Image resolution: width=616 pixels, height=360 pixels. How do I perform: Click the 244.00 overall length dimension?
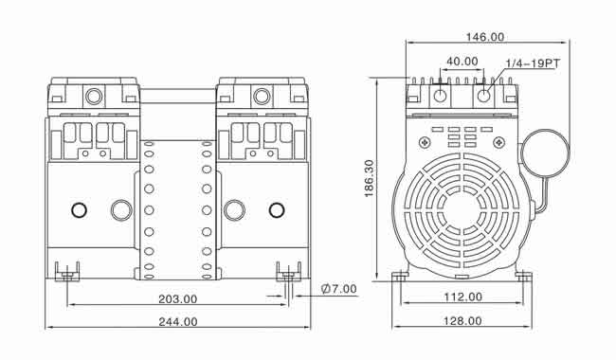click(178, 322)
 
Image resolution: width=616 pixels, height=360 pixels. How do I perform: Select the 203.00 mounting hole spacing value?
click(177, 299)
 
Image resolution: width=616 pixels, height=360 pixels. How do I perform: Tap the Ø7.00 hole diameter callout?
click(339, 289)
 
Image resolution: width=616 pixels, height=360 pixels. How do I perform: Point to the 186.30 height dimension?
click(370, 178)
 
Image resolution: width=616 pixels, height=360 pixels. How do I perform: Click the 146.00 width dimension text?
click(485, 37)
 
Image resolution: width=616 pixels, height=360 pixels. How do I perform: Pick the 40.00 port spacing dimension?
click(462, 62)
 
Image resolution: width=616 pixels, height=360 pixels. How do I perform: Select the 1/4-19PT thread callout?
click(533, 63)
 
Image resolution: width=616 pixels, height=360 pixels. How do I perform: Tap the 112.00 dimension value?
click(462, 297)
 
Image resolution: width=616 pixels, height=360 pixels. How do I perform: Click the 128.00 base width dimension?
click(462, 321)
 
